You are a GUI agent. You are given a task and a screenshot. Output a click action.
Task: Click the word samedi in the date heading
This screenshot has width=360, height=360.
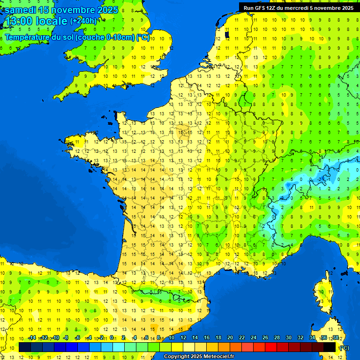tap(21, 10)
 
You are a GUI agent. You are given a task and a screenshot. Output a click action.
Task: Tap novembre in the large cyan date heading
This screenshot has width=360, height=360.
tap(75, 10)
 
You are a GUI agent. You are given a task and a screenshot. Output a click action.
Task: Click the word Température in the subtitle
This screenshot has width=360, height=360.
tap(29, 37)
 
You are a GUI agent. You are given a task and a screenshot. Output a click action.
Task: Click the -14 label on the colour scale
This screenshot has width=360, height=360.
tap(32, 337)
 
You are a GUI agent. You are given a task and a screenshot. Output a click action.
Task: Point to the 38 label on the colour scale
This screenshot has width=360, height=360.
tap(336, 337)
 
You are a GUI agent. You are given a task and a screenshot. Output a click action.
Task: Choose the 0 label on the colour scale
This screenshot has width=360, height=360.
tap(112, 337)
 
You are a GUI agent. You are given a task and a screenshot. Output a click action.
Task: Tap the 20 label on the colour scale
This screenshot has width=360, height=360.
tap(230, 337)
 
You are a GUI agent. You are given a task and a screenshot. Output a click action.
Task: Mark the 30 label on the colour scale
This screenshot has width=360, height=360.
tap(288, 337)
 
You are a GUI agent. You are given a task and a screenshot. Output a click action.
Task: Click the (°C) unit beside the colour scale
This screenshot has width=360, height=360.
tap(344, 348)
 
